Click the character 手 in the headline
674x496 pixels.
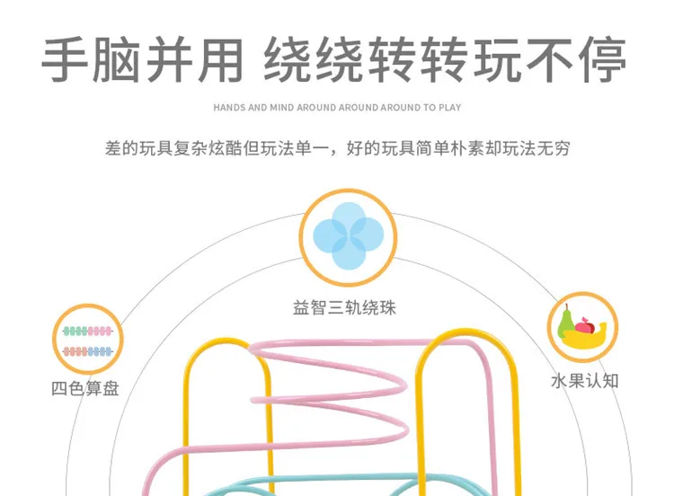point(65,59)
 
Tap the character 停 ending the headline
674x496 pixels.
point(603,59)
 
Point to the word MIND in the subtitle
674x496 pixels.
point(281,108)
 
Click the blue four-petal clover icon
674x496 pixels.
point(348,236)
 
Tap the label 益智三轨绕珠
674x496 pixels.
point(344,308)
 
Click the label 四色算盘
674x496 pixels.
point(85,388)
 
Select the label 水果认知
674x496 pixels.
point(585,381)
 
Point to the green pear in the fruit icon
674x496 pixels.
point(565,323)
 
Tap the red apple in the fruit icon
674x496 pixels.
point(585,325)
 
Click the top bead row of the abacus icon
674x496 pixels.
point(88,331)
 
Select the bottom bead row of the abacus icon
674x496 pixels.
point(88,351)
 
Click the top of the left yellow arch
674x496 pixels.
point(227,341)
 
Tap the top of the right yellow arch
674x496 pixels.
point(466,332)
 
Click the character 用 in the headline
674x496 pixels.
point(220,59)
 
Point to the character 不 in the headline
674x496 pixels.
point(549,59)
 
